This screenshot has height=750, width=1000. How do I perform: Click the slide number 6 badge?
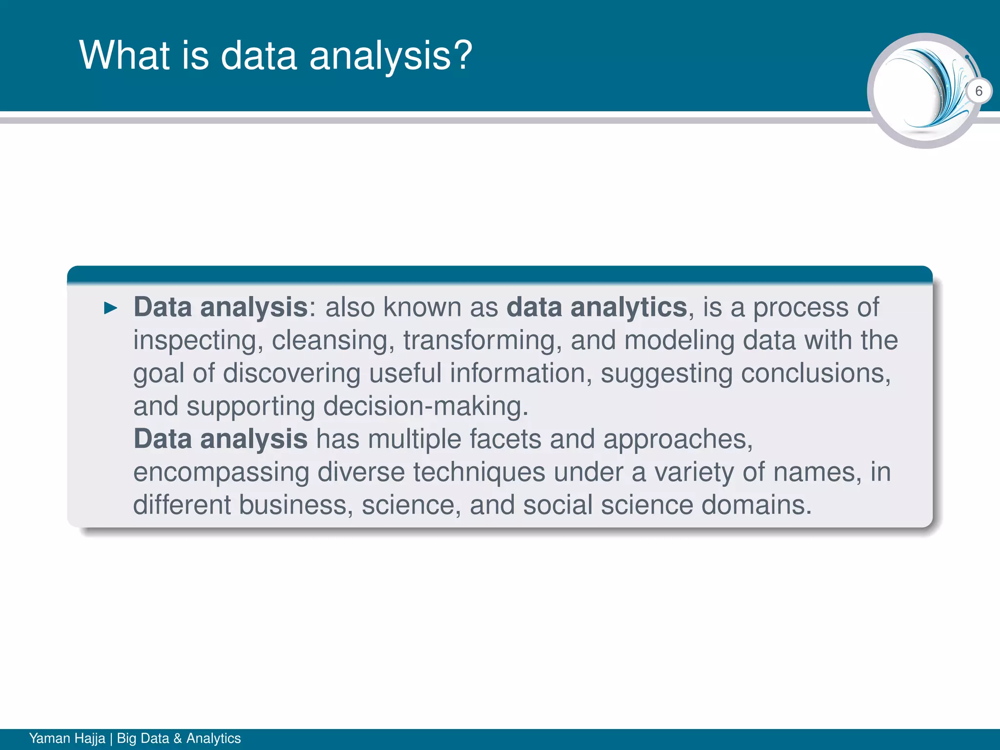[979, 91]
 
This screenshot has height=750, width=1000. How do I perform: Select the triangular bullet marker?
[111, 308]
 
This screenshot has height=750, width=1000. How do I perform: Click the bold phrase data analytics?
[597, 308]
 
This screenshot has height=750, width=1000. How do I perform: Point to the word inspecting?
[195, 341]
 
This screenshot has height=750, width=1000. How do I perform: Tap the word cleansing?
[333, 340]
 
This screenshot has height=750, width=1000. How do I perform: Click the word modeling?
[679, 340]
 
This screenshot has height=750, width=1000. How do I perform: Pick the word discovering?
[292, 374]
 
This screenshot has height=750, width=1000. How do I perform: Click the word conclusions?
[815, 374]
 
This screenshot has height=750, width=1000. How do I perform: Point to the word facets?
[505, 439]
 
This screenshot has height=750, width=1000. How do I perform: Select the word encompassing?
[221, 473]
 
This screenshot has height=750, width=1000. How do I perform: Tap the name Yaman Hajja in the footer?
[67, 738]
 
